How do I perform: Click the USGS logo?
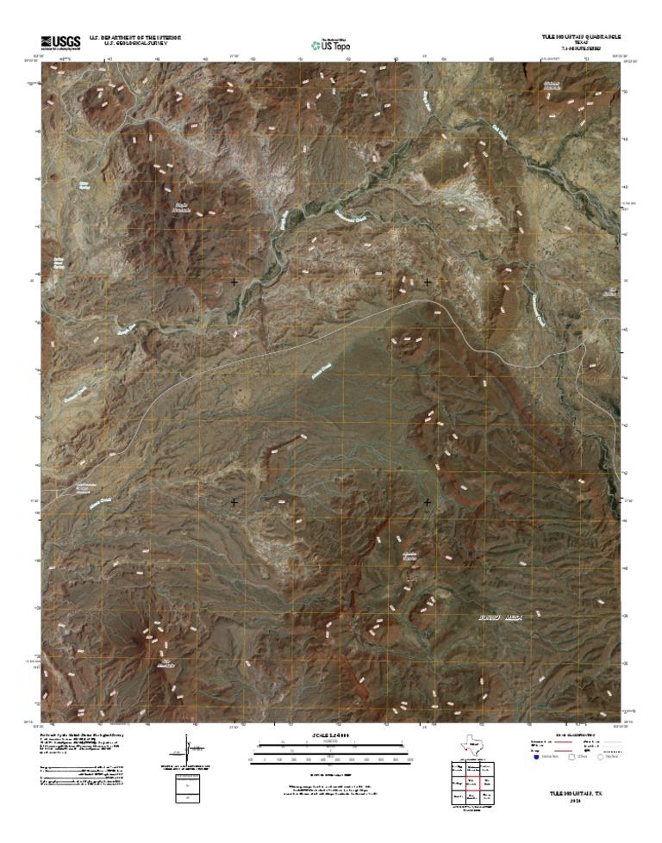(59, 41)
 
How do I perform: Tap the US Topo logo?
(331, 43)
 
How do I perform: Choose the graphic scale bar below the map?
(331, 751)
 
